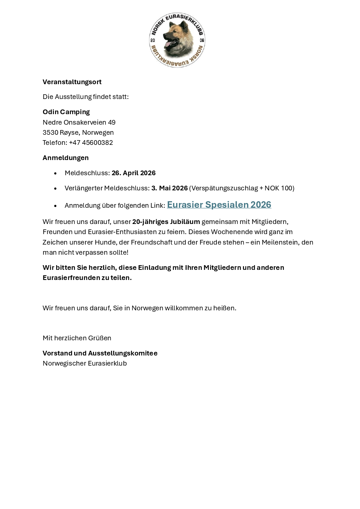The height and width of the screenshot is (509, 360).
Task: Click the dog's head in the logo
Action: pyautogui.click(x=176, y=38)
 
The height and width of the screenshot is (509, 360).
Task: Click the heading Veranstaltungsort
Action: pyautogui.click(x=72, y=82)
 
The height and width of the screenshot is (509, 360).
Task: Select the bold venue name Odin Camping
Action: pyautogui.click(x=66, y=112)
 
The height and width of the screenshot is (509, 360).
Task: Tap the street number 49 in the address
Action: pyautogui.click(x=112, y=122)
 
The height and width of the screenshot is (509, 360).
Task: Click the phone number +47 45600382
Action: pyautogui.click(x=91, y=143)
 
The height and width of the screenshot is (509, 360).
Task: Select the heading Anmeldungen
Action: pyautogui.click(x=65, y=158)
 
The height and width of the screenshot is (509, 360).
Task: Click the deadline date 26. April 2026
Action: pyautogui.click(x=133, y=173)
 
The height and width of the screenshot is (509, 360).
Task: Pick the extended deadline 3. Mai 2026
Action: pyautogui.click(x=169, y=188)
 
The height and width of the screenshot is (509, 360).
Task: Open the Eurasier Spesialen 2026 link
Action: pyautogui.click(x=219, y=205)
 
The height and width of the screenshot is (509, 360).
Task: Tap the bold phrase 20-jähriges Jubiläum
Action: pyautogui.click(x=166, y=222)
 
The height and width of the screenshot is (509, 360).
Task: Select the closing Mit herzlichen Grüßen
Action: pyautogui.click(x=77, y=338)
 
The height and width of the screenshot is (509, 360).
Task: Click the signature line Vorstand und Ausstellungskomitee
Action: pyautogui.click(x=100, y=353)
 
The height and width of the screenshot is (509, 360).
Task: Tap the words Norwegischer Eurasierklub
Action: pyautogui.click(x=85, y=363)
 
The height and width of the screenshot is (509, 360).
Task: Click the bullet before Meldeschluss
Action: pyautogui.click(x=55, y=173)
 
